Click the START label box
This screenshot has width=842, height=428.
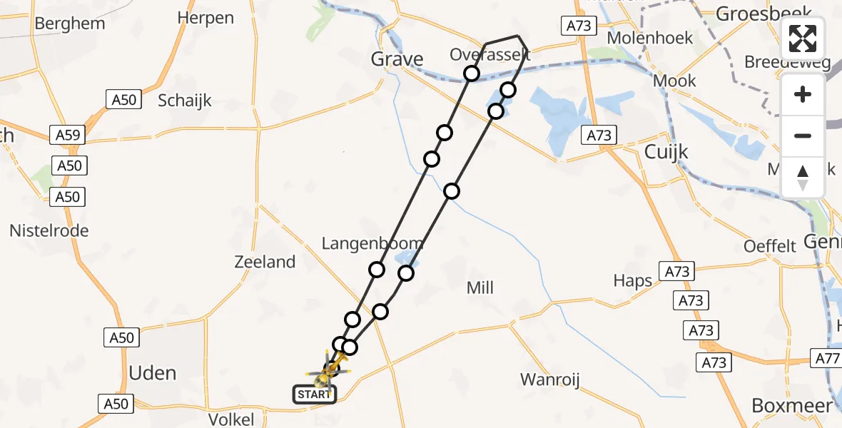315,394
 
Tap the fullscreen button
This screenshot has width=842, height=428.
803,39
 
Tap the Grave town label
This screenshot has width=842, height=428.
397,59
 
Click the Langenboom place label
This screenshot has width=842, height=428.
372,243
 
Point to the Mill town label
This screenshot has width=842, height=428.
480,288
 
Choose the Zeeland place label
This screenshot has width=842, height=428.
265,262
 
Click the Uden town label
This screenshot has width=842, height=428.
153,373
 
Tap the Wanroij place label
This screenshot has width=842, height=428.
548,379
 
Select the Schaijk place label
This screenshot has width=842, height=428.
185,100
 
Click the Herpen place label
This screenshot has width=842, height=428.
206,18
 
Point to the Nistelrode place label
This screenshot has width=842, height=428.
49,230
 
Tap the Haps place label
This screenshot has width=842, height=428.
633,280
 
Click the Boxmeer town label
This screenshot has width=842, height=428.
792,406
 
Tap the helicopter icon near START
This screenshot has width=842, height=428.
329,371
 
